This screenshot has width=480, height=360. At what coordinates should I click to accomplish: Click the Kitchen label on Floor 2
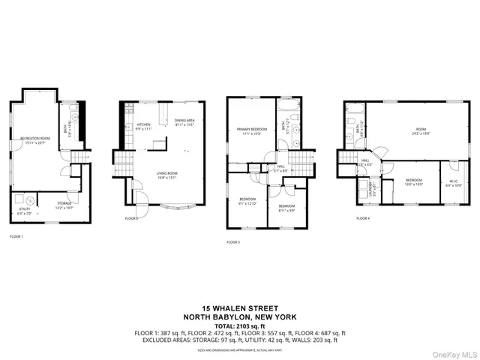(x=143, y=126)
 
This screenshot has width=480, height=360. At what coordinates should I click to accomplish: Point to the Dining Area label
(x=184, y=122)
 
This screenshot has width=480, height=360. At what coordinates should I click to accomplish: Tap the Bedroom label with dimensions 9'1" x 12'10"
(x=247, y=201)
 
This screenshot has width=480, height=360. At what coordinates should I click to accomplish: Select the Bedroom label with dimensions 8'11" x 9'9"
(x=286, y=208)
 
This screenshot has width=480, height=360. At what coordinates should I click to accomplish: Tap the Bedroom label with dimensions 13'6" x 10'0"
(x=414, y=181)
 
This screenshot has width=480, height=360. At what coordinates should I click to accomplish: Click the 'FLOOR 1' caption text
(x=16, y=236)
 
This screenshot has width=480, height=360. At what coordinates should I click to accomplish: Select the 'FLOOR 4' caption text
(x=363, y=218)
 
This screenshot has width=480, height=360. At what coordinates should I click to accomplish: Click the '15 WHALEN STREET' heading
(x=240, y=308)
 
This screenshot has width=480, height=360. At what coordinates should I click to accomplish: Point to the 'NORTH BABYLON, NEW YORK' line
(x=240, y=316)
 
